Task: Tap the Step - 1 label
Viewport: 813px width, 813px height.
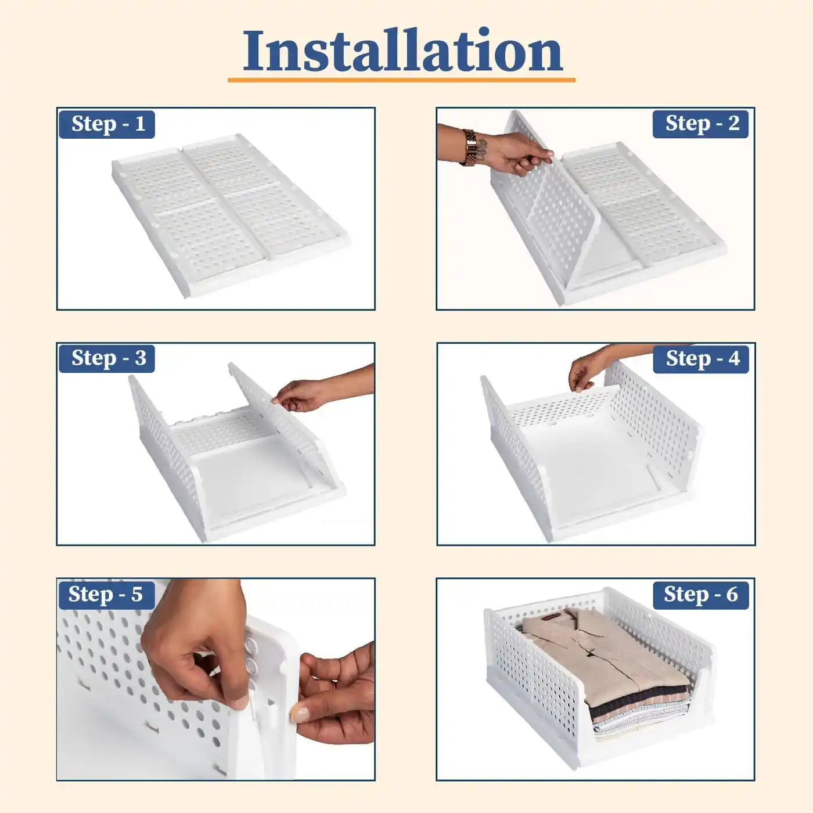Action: tap(107, 124)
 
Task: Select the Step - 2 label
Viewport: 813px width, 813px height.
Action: tap(703, 124)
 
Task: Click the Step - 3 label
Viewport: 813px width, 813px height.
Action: tap(108, 358)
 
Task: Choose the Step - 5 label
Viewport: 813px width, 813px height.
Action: tap(105, 594)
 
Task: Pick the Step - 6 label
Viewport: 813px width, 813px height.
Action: tap(700, 595)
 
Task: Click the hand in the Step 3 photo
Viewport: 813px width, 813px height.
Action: tap(302, 395)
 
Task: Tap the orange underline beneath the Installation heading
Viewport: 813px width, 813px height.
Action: tap(401, 80)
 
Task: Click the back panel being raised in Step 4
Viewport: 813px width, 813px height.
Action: tap(557, 409)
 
